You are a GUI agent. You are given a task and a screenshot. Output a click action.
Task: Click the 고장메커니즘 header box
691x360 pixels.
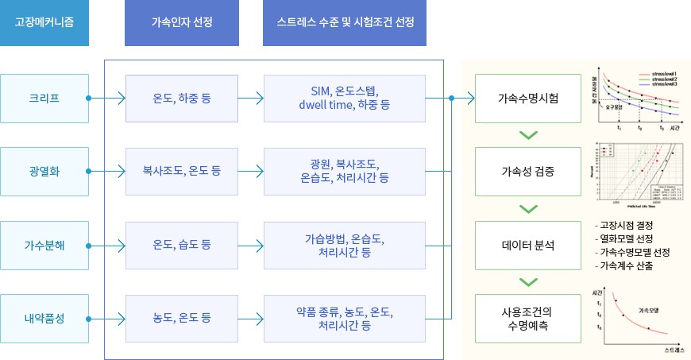pyautogui.click(x=45, y=23)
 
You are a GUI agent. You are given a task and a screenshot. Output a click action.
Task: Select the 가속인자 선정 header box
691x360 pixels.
pyautogui.click(x=182, y=23)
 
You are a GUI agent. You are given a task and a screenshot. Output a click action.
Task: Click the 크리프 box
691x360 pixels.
pyautogui.click(x=44, y=99)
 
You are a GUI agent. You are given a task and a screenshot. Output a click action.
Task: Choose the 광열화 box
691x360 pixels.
pyautogui.click(x=44, y=170)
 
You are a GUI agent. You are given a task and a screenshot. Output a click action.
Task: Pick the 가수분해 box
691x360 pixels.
pyautogui.click(x=44, y=244)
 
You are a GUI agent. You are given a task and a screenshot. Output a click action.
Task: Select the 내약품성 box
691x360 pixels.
pyautogui.click(x=44, y=318)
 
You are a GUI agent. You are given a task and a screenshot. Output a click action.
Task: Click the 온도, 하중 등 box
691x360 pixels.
pyautogui.click(x=182, y=99)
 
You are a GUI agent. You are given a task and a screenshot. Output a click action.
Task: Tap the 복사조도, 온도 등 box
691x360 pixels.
pyautogui.click(x=182, y=170)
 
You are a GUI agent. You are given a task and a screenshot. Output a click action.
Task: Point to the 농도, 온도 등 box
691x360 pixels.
pyautogui.click(x=182, y=318)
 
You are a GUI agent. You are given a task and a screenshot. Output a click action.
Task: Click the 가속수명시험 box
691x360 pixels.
pyautogui.click(x=528, y=99)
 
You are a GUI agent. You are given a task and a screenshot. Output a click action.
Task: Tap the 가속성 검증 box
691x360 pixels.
pyautogui.click(x=528, y=170)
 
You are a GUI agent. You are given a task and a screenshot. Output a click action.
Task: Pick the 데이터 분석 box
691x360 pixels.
pyautogui.click(x=528, y=244)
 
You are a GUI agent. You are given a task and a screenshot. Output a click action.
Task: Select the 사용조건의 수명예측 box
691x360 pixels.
pyautogui.click(x=528, y=318)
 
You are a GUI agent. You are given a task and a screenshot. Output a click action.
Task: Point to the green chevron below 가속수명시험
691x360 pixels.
pyautogui.click(x=528, y=134)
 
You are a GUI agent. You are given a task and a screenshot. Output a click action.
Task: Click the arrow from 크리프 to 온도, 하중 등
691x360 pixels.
pyautogui.click(x=106, y=99)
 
